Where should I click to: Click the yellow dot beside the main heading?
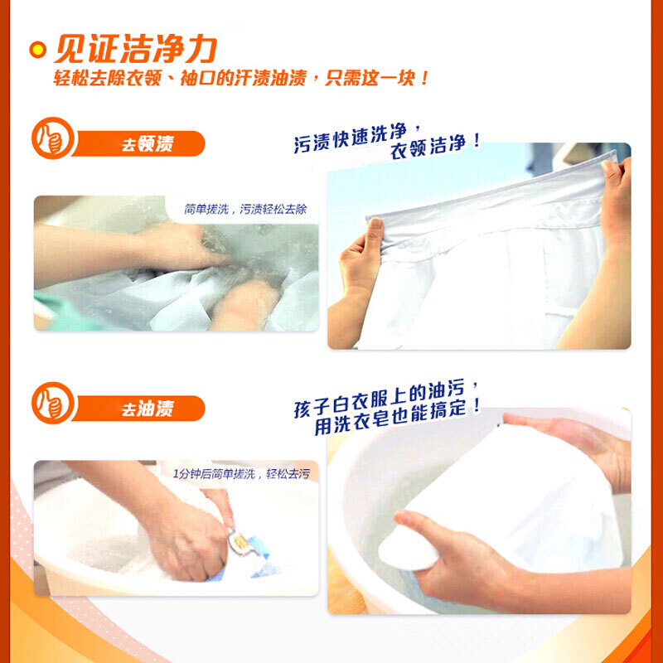(37, 50)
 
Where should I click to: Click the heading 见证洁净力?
(136, 49)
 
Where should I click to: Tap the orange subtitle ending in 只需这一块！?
(241, 78)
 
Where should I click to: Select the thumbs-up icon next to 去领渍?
(53, 138)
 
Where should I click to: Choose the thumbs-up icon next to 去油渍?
(53, 403)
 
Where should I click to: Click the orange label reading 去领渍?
(148, 143)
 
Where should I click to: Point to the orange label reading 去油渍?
(148, 409)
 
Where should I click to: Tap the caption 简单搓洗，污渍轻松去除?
(245, 209)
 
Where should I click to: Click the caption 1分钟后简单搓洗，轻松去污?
(241, 473)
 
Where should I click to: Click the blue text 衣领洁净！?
(436, 147)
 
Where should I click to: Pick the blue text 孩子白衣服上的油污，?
(386, 399)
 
